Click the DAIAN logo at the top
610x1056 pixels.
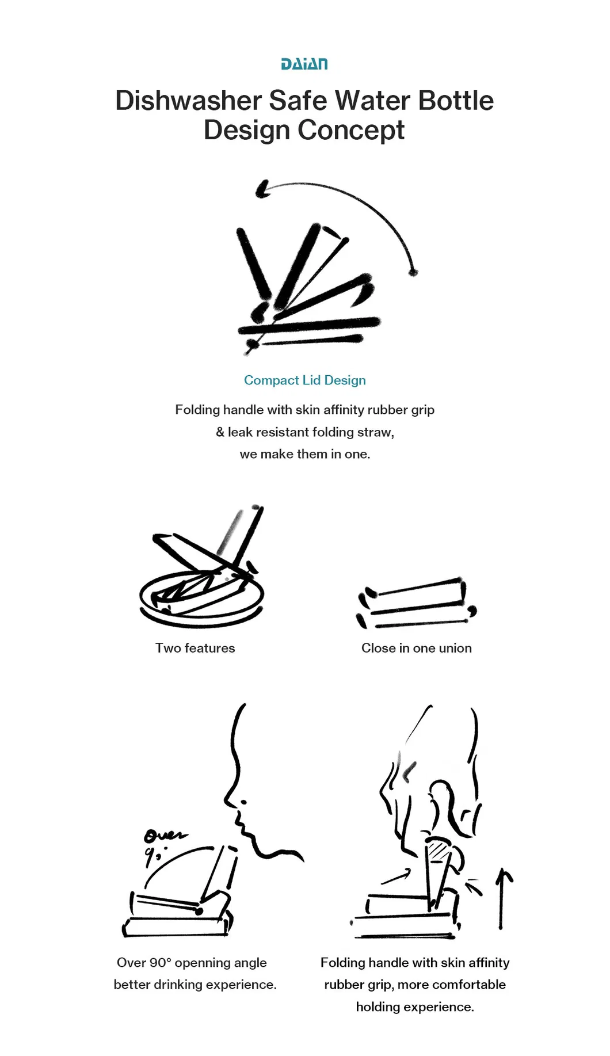(x=304, y=64)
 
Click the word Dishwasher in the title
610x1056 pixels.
(x=189, y=101)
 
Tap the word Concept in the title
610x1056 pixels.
(x=351, y=131)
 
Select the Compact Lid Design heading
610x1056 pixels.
(x=305, y=380)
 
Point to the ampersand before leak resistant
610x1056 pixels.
(x=220, y=432)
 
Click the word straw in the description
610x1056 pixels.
(x=377, y=432)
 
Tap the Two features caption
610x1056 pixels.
(x=195, y=648)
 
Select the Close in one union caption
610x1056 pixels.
(x=417, y=648)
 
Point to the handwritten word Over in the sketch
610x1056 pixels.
(x=165, y=835)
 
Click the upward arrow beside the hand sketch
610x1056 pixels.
(x=502, y=898)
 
